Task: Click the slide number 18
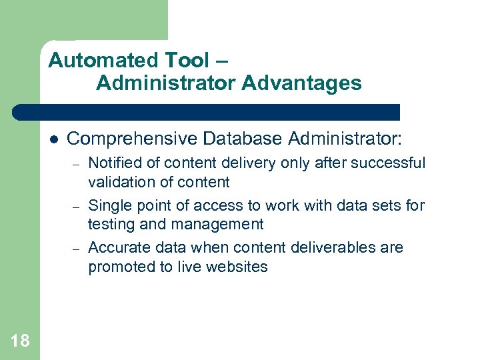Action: click(x=20, y=341)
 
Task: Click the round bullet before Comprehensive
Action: click(x=54, y=139)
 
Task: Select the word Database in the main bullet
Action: click(x=243, y=138)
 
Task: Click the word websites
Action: click(x=238, y=267)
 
